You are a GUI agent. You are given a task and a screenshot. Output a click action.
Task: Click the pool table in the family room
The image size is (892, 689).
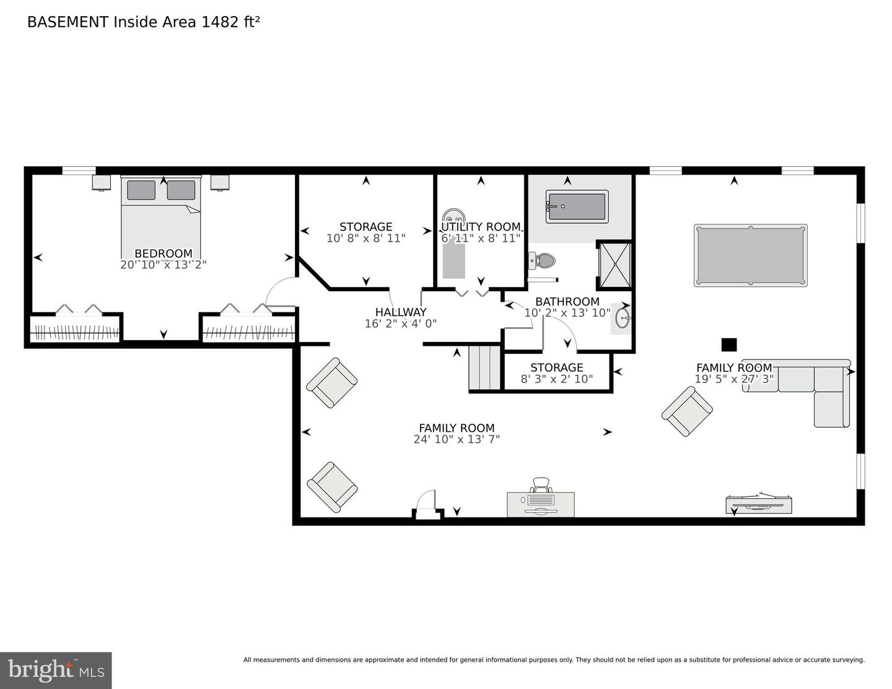point(750,255)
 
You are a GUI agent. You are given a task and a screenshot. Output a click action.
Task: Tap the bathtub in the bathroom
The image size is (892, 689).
point(576,206)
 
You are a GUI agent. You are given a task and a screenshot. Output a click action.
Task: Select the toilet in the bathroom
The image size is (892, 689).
point(541,260)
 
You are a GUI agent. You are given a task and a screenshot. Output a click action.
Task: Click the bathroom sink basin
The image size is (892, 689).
point(622,318)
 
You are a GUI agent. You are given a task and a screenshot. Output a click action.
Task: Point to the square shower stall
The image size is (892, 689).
point(614,265)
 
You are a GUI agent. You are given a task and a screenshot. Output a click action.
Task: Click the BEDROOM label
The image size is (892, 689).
point(164,253)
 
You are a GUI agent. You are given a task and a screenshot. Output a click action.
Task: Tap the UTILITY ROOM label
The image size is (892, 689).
point(481,227)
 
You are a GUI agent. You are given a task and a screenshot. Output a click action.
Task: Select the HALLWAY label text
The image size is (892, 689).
point(401,312)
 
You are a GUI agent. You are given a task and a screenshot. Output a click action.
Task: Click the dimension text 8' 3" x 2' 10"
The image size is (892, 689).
point(557,379)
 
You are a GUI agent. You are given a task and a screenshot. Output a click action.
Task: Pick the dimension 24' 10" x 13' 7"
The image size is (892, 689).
point(457,439)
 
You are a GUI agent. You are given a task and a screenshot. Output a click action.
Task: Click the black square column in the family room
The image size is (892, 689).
point(729,344)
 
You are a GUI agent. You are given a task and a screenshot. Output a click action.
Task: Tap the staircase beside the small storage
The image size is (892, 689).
point(484,367)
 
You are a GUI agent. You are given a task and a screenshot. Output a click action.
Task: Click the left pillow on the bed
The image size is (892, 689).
point(141,190)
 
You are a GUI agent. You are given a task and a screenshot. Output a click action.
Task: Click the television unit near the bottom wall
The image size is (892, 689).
point(759,504)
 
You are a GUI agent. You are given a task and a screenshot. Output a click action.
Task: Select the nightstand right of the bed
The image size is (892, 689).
point(220,182)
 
